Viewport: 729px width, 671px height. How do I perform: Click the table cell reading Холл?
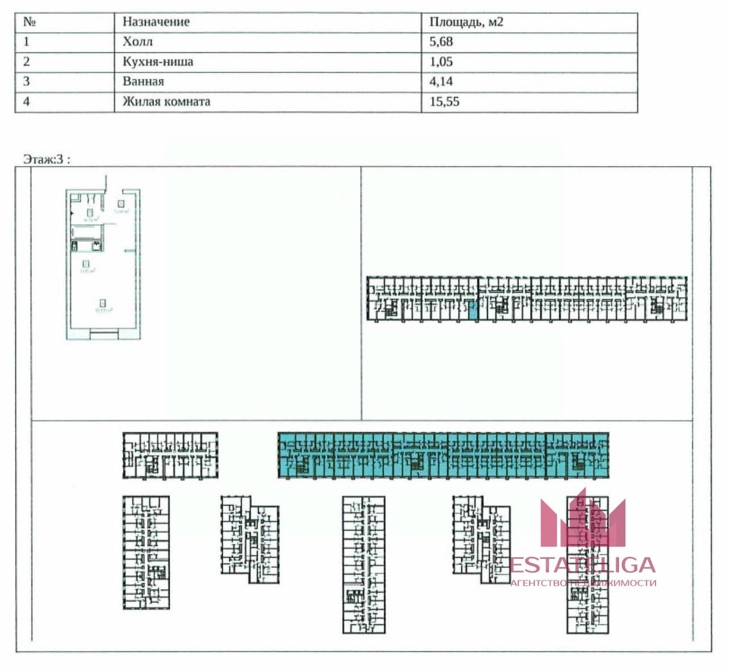pos(138,42)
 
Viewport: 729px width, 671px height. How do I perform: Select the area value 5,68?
pos(441,42)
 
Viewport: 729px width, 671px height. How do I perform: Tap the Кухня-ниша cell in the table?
pos(158,61)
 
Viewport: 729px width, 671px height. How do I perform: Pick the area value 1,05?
pos(441,61)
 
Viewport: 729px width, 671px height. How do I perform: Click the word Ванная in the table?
pos(144,81)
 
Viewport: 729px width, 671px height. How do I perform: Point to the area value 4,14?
pos(441,81)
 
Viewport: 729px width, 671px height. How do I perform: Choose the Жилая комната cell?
pos(166,102)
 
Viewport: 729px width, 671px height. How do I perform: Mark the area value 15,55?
pos(444,102)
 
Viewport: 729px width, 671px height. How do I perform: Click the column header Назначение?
pos(156,22)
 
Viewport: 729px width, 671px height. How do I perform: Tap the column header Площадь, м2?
pos(466,22)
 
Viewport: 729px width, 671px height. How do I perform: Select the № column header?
pos(30,22)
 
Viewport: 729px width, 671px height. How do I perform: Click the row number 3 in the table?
pos(26,81)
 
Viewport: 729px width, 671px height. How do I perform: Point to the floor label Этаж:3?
pos(46,159)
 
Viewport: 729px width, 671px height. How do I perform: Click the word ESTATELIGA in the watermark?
pos(583,565)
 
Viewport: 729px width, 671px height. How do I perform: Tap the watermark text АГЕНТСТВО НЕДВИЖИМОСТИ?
pos(583,583)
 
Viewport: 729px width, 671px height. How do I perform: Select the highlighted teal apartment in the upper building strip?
pos(473,310)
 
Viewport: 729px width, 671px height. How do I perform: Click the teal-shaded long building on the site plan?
pos(443,455)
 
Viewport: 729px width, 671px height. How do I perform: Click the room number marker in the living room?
pos(103,303)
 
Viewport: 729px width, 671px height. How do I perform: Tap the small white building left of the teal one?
pos(170,455)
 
